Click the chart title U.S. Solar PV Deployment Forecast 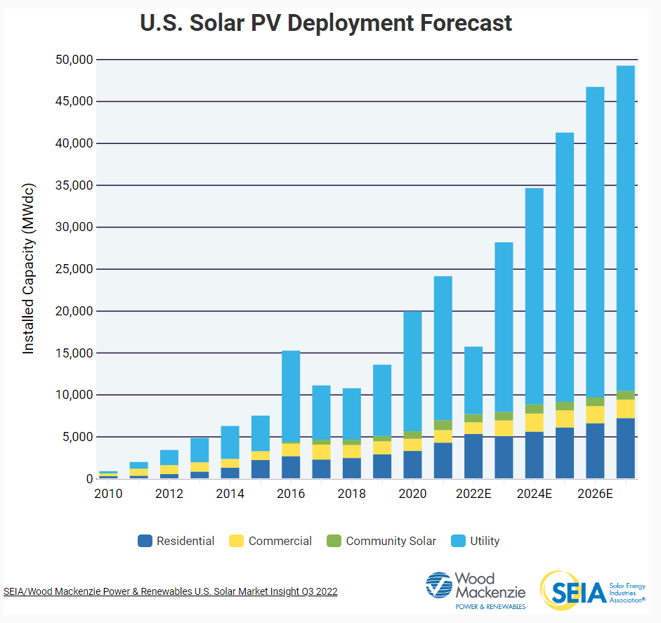pos(326,22)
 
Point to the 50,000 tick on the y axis pos(73,60)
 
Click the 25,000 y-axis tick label pos(73,269)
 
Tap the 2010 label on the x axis pos(108,494)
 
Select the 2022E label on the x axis pos(473,494)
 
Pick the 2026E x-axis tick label pos(595,494)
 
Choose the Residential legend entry pos(177,541)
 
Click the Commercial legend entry pos(270,541)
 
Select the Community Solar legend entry pos(381,541)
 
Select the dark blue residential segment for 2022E pos(473,457)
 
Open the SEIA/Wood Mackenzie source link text pos(171,591)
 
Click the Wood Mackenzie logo pos(475,590)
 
